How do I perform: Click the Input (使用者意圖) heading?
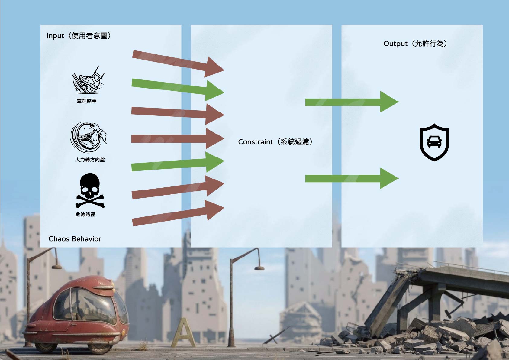[79, 36]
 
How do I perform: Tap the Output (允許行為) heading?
[415, 44]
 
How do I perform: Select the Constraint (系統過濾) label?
[275, 142]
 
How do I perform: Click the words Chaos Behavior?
[75, 239]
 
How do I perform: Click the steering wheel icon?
[89, 137]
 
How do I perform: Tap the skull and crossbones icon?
[90, 190]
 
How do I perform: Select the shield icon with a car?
[434, 142]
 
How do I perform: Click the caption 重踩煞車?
[87, 101]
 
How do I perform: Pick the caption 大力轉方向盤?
[90, 160]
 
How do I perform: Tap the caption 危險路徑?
[85, 214]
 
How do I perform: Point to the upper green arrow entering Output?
[352, 102]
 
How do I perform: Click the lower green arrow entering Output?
[352, 179]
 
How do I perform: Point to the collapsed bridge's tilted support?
[386, 303]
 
